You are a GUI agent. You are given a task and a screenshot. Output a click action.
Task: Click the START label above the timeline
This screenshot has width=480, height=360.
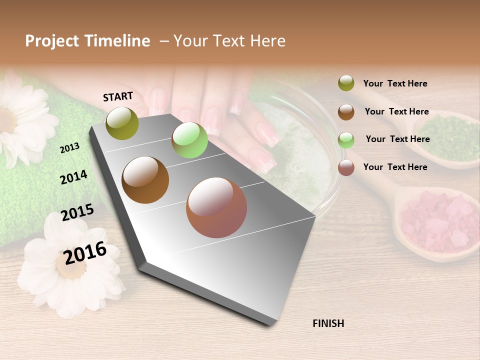click(118, 96)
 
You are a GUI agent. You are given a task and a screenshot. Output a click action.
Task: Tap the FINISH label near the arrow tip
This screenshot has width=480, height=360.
click(328, 323)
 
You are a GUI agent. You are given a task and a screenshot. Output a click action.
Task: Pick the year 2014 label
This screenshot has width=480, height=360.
click(73, 177)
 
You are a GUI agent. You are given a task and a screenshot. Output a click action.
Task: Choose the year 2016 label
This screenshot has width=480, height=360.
click(85, 252)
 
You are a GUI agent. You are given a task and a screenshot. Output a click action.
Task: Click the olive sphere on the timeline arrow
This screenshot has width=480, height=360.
click(122, 123)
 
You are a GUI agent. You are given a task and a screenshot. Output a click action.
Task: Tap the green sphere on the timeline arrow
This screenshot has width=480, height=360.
click(189, 140)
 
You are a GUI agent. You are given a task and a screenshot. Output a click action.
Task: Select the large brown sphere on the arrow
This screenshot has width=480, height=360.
click(145, 180)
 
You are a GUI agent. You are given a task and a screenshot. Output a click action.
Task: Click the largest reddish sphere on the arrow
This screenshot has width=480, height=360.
click(216, 207)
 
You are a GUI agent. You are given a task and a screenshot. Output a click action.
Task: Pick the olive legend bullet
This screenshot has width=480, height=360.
click(346, 83)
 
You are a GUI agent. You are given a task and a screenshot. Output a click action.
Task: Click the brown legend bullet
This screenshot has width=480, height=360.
click(346, 111)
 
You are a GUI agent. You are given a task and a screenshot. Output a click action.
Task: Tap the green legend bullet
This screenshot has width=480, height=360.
click(346, 139)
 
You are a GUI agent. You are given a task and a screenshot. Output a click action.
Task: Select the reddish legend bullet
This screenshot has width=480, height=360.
click(346, 167)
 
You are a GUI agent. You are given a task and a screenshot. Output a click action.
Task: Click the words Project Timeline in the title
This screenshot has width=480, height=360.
click(87, 41)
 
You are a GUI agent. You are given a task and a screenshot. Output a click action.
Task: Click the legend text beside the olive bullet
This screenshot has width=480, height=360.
click(395, 83)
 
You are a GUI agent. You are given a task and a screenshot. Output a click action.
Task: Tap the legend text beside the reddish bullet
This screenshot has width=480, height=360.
click(395, 167)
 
